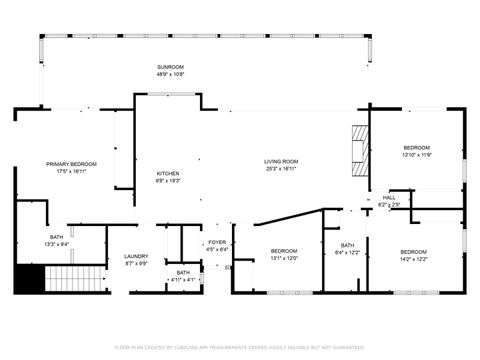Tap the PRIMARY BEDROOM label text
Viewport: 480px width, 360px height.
point(70,164)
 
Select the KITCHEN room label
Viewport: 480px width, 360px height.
point(168,173)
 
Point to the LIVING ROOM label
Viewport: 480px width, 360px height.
point(281,162)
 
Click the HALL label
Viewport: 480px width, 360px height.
point(389,198)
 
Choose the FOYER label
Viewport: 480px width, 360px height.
point(217,242)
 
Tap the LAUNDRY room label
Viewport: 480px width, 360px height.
point(136,257)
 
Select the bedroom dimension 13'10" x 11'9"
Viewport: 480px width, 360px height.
point(416,155)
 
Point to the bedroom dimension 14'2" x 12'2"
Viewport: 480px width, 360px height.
point(413,258)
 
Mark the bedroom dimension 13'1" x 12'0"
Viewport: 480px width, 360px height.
point(284,258)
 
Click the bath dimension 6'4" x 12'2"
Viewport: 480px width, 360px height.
point(347,252)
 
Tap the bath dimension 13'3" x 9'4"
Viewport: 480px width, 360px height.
point(56,244)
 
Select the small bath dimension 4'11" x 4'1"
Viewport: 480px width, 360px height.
point(183,279)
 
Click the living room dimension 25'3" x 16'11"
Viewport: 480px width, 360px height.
point(281,170)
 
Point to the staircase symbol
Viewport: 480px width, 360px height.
point(77,280)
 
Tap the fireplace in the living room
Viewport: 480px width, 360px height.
point(358,150)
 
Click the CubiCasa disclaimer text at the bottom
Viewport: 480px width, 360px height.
point(240,347)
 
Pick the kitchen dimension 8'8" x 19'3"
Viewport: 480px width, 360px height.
point(168,181)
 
